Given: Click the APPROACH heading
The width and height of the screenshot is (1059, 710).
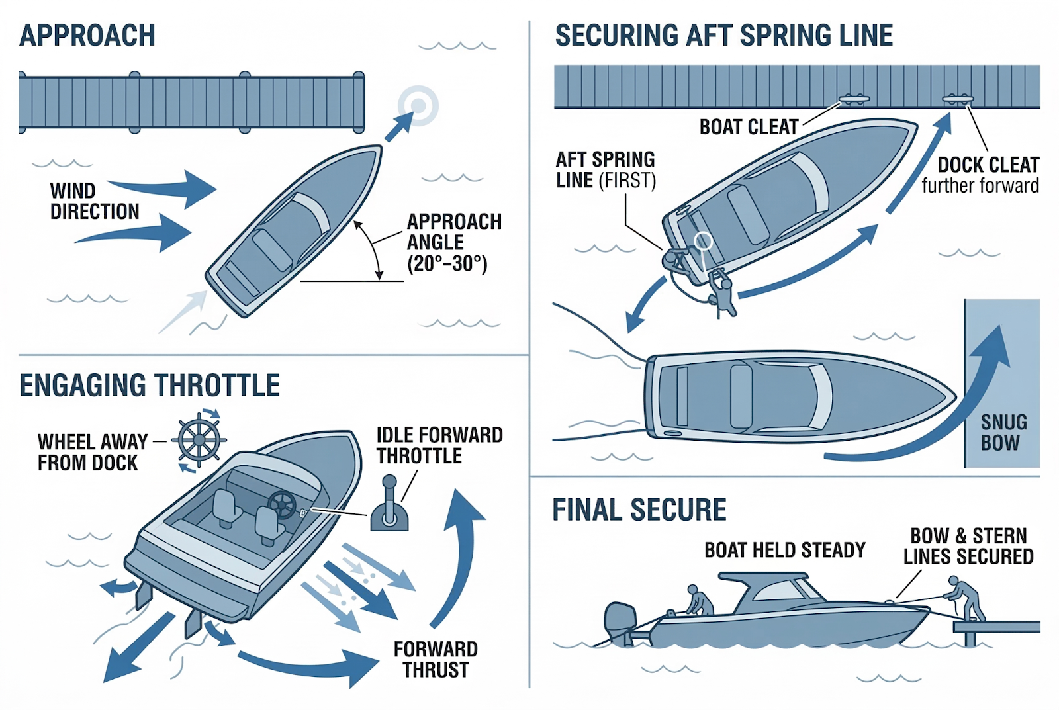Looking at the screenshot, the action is tap(87, 36).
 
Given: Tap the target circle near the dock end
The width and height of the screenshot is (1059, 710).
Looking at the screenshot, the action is tap(418, 105).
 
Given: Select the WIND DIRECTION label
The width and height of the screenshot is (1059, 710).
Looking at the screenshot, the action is tap(95, 201).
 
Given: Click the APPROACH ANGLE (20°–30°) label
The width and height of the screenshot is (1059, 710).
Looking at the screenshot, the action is tap(454, 242).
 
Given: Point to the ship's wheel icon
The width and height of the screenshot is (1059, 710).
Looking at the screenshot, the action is tap(199, 439).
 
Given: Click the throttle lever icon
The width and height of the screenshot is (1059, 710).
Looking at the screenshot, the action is tap(389, 503).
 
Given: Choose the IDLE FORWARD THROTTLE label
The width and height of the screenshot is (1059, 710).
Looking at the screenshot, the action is tap(439, 445).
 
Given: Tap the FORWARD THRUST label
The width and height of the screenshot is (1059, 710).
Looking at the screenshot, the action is tap(436, 660).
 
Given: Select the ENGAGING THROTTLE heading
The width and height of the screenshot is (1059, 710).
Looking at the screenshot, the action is tap(150, 385).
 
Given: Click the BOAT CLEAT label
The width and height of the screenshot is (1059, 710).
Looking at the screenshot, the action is tap(749, 127).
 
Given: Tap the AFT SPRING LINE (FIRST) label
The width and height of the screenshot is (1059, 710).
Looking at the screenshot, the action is tap(606, 170).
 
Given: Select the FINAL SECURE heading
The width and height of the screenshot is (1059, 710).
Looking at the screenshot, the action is tap(639, 510).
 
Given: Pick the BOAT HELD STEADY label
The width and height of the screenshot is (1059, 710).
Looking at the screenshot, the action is tap(785, 551).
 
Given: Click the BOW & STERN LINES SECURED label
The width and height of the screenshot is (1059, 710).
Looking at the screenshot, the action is tap(968, 547).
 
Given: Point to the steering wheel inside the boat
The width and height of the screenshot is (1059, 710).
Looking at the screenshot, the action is tap(282, 505).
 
